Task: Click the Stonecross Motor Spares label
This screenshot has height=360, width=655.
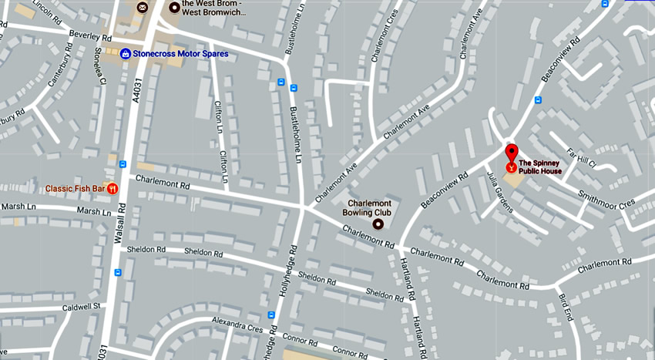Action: click(x=180, y=54)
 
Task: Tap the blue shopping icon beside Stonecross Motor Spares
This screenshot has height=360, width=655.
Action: click(x=125, y=54)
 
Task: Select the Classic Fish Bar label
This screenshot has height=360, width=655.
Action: click(x=75, y=188)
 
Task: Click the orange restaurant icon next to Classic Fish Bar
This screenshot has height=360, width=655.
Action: click(x=113, y=188)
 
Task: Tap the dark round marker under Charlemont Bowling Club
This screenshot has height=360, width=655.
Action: click(x=378, y=224)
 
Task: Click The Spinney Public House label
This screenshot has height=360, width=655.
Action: click(x=540, y=167)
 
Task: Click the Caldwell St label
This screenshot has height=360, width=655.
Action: click(x=82, y=307)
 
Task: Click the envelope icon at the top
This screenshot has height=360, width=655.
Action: click(x=143, y=7)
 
